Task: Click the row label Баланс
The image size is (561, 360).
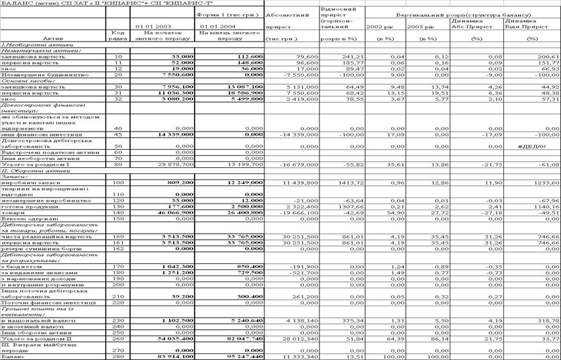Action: (x=11, y=357)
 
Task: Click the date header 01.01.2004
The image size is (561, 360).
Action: (x=215, y=26)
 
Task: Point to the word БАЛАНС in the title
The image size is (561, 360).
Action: (x=15, y=4)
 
